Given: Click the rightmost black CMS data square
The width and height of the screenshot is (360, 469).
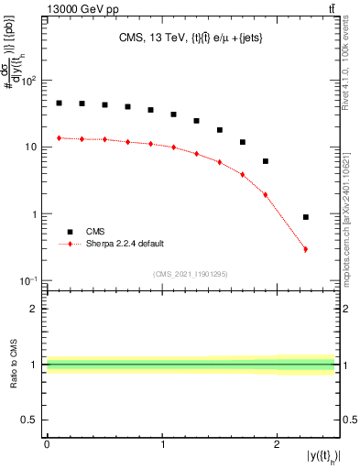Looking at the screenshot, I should coord(305,217).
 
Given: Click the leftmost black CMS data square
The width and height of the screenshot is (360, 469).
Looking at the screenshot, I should coord(59,104).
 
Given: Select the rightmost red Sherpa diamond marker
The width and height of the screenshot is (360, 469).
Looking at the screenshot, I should coord(305,249).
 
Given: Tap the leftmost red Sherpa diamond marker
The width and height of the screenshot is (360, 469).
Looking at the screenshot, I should coord(59,138).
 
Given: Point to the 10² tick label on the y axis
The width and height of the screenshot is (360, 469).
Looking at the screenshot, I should coord(30,81).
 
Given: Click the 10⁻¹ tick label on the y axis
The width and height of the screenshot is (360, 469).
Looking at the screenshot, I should coord(30,280).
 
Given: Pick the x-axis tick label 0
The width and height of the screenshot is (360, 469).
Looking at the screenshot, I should coord(47,443).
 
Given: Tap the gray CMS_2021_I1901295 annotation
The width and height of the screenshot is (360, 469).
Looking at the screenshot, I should coord(191,274).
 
